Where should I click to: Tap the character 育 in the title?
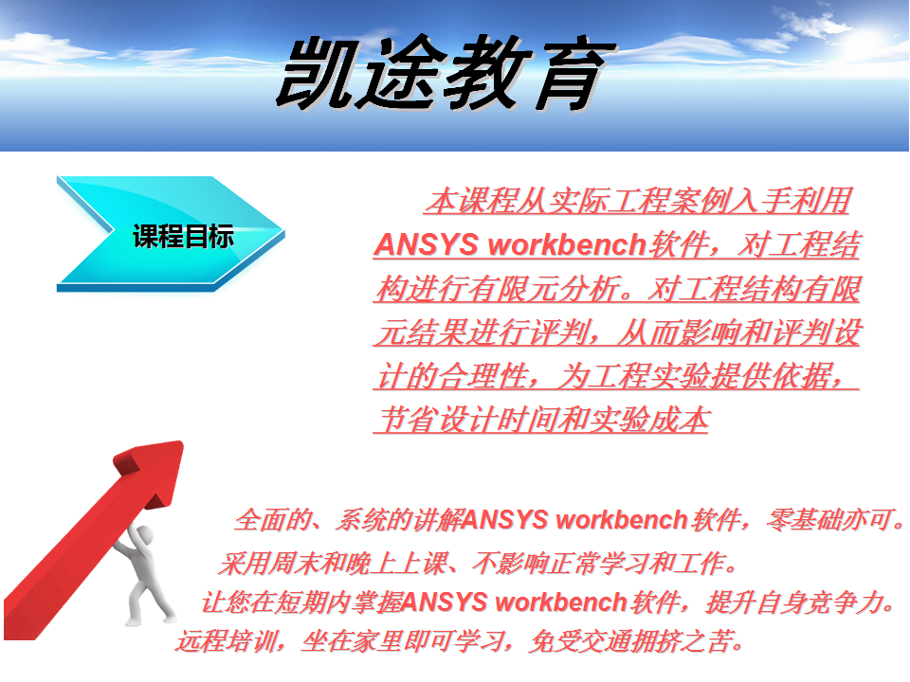(x=573, y=73)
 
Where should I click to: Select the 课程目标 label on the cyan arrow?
(x=183, y=236)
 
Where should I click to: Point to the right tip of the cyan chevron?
(x=284, y=233)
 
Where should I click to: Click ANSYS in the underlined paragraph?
(x=427, y=244)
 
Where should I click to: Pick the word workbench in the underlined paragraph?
(x=567, y=244)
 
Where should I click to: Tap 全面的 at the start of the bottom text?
(x=273, y=519)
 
